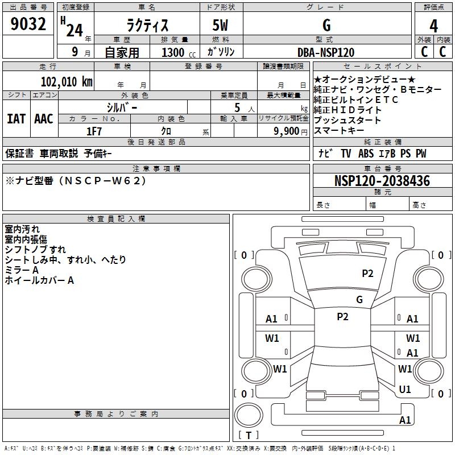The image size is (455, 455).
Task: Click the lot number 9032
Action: pyautogui.click(x=28, y=24)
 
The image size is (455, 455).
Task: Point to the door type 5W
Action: pyautogui.click(x=221, y=26)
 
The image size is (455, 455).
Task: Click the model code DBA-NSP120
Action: pyautogui.click(x=326, y=52)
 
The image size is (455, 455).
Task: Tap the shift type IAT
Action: pyautogui.click(x=16, y=118)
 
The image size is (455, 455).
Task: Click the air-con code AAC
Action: pyautogui.click(x=44, y=118)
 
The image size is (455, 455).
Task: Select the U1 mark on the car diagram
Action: pyautogui.click(x=405, y=390)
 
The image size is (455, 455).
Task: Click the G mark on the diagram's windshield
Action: pyautogui.click(x=359, y=299)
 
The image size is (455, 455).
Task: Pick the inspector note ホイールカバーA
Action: pyautogui.click(x=39, y=280)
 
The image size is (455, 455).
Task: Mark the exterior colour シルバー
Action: pyautogui.click(x=122, y=106)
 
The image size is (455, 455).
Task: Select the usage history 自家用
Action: pyautogui.click(x=122, y=52)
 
